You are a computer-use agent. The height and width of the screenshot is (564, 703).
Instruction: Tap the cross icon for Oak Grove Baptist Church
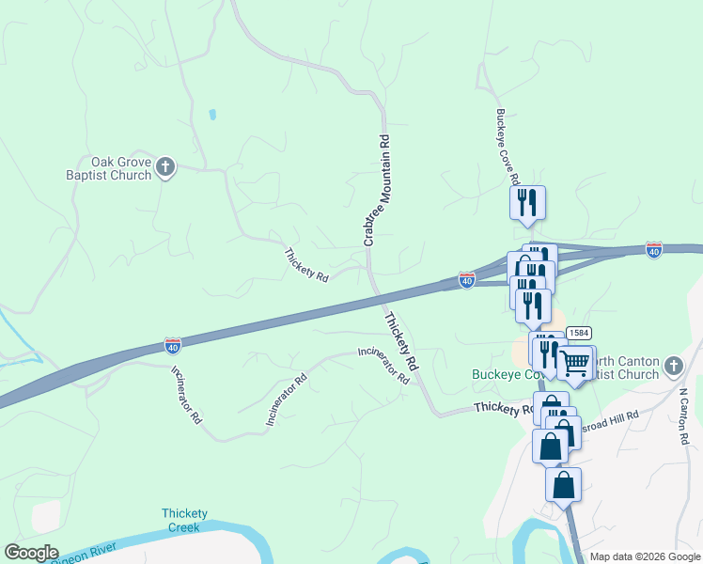click(x=165, y=167)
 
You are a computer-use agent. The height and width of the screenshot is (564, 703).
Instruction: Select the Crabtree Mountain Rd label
click(x=376, y=191)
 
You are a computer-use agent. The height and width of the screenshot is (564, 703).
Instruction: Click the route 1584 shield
click(x=578, y=333)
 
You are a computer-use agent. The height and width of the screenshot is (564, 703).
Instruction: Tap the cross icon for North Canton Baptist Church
click(x=673, y=366)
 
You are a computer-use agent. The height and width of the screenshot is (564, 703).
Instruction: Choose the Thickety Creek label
click(x=184, y=520)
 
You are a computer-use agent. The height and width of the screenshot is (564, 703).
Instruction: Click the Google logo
click(x=31, y=553)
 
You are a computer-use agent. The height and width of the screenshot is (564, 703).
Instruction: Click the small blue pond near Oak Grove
click(x=212, y=115)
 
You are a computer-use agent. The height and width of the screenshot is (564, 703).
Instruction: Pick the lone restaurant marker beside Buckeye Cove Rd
click(x=527, y=201)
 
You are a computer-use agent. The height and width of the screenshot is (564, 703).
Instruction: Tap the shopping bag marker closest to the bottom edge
click(x=563, y=485)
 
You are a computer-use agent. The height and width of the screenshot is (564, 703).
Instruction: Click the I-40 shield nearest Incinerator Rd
click(x=172, y=346)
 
